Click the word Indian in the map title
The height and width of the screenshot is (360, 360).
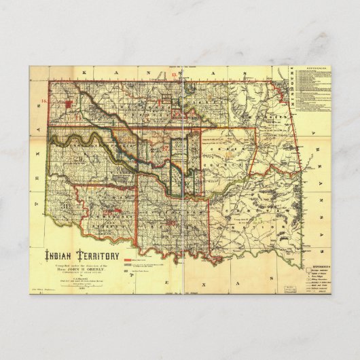60,255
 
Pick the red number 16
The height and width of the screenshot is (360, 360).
44,101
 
